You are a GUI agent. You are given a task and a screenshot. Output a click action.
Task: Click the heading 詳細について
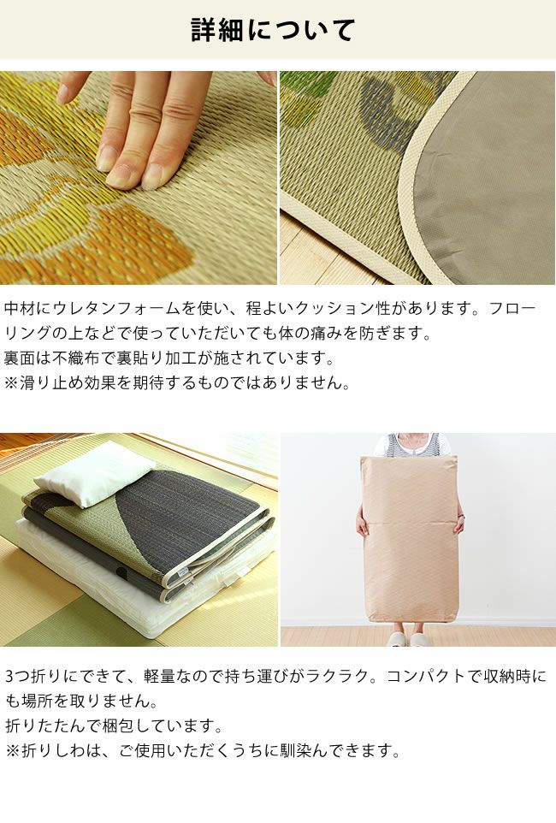[x=272, y=31]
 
